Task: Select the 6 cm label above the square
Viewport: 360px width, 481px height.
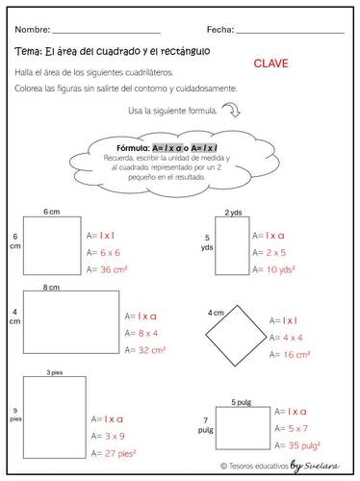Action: click(52, 211)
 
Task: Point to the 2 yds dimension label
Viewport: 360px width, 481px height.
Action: click(233, 213)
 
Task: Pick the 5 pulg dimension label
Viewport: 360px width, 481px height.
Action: click(240, 401)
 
